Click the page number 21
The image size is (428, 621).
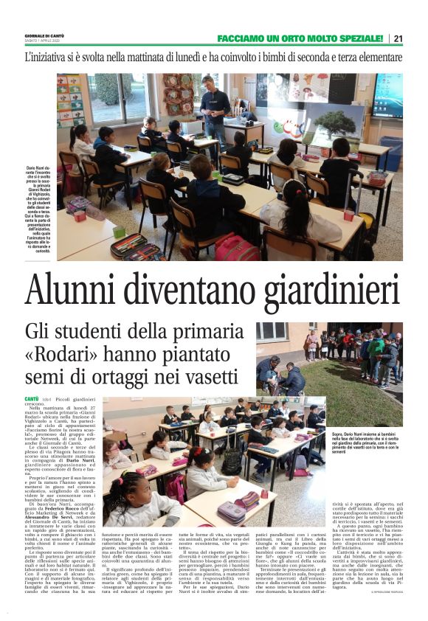point(398,38)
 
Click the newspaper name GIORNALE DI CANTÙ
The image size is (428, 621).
point(46,35)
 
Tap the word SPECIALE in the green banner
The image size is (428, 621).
point(356,38)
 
